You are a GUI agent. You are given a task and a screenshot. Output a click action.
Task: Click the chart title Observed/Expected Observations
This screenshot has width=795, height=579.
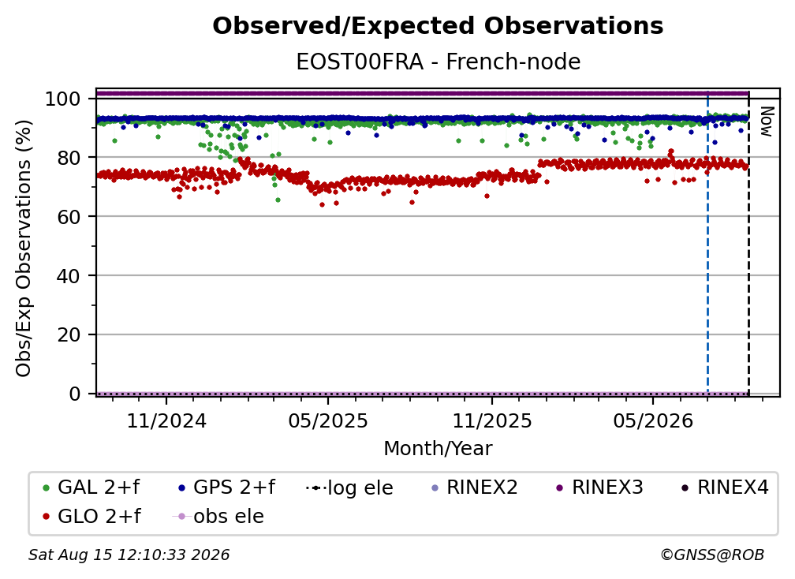[x=438, y=26]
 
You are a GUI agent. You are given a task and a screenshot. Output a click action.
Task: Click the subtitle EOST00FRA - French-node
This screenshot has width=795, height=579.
[x=438, y=62]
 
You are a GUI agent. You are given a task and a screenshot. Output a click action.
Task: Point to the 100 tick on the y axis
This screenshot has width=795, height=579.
[x=63, y=99]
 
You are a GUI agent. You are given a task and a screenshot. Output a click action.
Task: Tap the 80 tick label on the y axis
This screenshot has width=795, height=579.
[x=69, y=158]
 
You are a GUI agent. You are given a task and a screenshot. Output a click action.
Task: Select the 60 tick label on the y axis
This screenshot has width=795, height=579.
[x=69, y=216]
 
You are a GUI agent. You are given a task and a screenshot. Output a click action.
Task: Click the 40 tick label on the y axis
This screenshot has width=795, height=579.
[x=69, y=276]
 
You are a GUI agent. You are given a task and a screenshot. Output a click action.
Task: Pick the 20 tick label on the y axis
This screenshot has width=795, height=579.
[x=69, y=334]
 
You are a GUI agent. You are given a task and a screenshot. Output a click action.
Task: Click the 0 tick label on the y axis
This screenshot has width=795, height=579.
[x=75, y=394]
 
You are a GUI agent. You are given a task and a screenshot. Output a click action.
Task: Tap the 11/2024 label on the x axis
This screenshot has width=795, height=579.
[x=166, y=420]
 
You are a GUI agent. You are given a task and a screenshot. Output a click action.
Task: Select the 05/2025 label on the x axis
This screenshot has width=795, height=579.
[x=328, y=420]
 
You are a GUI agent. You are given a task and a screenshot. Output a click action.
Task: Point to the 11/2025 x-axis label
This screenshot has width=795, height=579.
[x=492, y=420]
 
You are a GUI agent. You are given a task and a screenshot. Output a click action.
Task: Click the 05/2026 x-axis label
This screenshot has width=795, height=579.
[x=653, y=420]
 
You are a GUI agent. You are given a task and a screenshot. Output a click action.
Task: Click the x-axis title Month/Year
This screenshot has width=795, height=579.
[x=438, y=448]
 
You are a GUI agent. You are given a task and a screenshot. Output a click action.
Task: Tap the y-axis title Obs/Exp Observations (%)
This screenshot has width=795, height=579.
[x=24, y=248]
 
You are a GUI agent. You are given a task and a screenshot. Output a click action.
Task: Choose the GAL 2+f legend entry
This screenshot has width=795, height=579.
[x=91, y=487]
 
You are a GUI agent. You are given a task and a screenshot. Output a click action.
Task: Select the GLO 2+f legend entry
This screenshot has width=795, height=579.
[x=91, y=516]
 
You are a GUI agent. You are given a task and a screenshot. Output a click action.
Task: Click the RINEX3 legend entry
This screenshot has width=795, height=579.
[x=599, y=487]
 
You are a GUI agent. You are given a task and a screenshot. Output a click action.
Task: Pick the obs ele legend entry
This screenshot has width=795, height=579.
[x=218, y=516]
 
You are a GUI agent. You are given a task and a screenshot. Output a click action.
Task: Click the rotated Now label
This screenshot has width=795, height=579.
[x=767, y=121]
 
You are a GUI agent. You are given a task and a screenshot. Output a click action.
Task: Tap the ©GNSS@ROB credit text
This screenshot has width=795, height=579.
[x=712, y=555]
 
